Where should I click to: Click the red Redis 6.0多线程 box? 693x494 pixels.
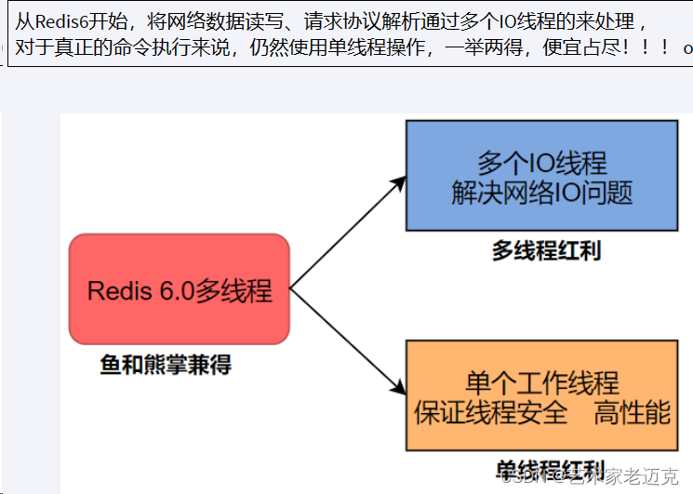click(x=180, y=289)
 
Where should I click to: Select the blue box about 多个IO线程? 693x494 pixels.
click(x=541, y=176)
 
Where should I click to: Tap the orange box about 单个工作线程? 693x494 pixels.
click(x=541, y=395)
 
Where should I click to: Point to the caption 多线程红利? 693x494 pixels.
click(x=546, y=250)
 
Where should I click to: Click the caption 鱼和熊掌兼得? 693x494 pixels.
click(x=166, y=365)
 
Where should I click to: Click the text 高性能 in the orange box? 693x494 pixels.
click(x=633, y=412)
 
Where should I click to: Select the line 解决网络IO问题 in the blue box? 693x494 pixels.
click(x=541, y=193)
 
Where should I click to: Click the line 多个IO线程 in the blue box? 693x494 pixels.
click(x=541, y=163)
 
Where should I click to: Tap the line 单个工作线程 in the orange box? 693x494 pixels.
click(x=541, y=382)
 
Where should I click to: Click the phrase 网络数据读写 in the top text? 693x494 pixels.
click(x=214, y=21)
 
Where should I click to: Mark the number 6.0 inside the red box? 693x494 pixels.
click(x=174, y=290)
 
